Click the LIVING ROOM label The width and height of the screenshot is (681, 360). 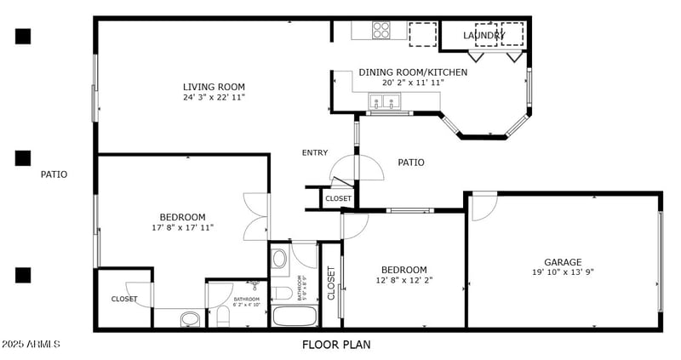tap(214, 87)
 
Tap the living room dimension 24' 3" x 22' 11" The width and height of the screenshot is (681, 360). tap(214, 98)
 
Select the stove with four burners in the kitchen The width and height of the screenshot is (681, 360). tap(381, 30)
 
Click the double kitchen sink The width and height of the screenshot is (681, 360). tap(385, 103)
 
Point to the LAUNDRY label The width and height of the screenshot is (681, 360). tap(484, 36)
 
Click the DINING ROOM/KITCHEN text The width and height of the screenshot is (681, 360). tap(413, 72)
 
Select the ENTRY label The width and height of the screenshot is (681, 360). tap(315, 153)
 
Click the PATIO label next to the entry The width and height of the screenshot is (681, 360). tap(410, 163)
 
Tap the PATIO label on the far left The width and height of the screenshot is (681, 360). tap(54, 174)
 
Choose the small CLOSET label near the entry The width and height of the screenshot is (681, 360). tap(338, 198)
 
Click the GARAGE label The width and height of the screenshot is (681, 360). tap(563, 262)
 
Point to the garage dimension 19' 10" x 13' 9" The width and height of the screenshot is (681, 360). tap(563, 272)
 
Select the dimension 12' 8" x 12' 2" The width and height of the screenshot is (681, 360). tap(403, 280)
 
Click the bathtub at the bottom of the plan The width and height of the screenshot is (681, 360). tap(294, 317)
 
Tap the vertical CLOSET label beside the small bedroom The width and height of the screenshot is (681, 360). tap(331, 284)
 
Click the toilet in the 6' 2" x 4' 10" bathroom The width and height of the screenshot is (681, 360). tap(223, 317)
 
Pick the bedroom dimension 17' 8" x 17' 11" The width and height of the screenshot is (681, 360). tap(182, 227)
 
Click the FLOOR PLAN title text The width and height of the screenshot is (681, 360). tap(336, 345)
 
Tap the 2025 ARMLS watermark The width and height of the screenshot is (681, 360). tap(31, 345)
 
